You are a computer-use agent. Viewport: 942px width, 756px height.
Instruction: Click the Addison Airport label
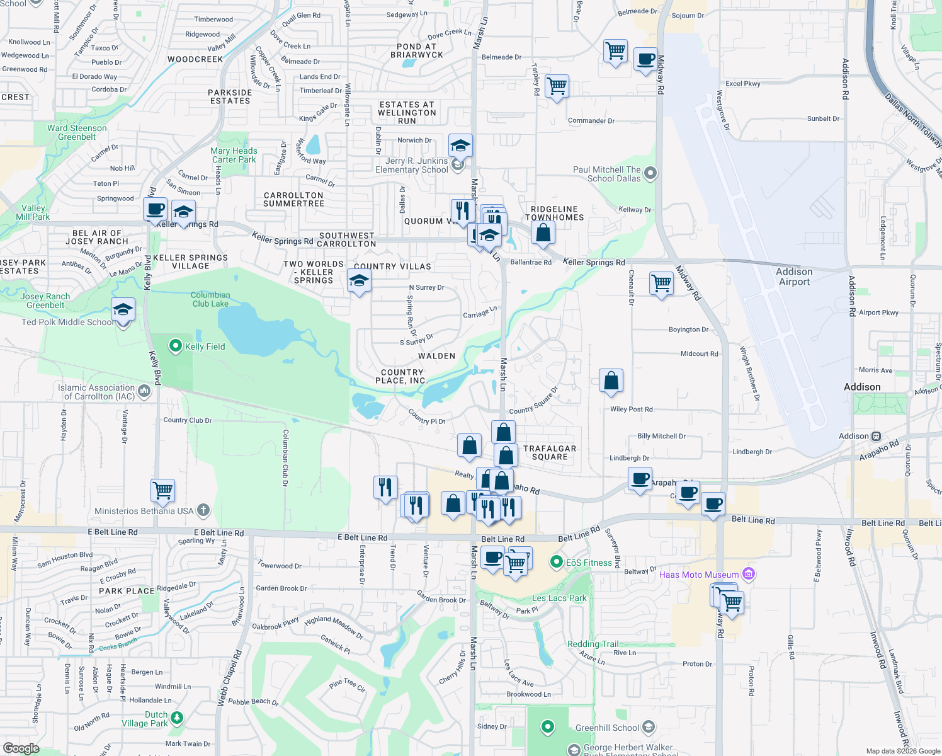(x=794, y=277)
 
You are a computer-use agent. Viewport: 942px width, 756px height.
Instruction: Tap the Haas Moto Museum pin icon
(x=749, y=574)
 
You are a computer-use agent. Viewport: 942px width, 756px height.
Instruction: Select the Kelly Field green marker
(x=176, y=346)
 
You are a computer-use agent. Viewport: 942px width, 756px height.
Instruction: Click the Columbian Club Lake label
(x=210, y=299)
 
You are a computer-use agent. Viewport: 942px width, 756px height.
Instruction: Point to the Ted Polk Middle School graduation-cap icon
(x=123, y=309)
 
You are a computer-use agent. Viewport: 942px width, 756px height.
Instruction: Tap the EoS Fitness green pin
(x=556, y=561)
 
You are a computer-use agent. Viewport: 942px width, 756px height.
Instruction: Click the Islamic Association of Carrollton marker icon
(x=144, y=392)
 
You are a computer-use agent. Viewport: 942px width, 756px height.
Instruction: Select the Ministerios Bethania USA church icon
(x=203, y=510)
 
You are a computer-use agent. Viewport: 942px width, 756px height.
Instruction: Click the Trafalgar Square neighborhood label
(x=550, y=453)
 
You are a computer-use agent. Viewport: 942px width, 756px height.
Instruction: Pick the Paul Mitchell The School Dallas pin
(x=650, y=173)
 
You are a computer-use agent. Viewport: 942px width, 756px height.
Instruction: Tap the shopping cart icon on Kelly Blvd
(x=162, y=490)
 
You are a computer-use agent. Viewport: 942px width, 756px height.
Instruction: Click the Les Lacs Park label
(x=559, y=598)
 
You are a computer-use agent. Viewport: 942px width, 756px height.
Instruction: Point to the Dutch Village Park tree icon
(x=178, y=718)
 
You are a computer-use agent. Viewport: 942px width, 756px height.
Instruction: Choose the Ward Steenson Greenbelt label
(x=77, y=132)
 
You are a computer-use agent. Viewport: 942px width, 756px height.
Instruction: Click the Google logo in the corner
(x=21, y=748)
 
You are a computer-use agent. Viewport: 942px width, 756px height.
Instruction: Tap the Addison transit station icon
(x=876, y=436)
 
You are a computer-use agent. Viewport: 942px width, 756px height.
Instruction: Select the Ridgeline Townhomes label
(x=554, y=213)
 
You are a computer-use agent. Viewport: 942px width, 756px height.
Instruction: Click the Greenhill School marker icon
(x=649, y=728)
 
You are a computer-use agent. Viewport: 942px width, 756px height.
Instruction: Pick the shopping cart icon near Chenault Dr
(x=661, y=283)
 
